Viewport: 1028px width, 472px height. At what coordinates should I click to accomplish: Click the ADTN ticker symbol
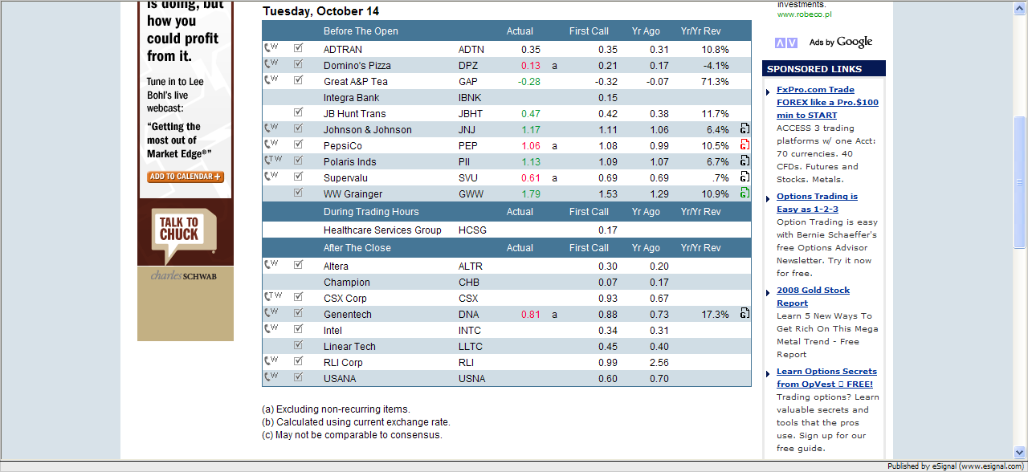coord(472,49)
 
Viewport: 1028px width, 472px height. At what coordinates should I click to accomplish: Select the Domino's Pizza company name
coord(357,65)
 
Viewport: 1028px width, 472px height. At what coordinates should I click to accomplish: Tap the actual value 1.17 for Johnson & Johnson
coord(530,129)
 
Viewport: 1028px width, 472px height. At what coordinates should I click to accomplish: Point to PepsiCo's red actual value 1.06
coord(530,145)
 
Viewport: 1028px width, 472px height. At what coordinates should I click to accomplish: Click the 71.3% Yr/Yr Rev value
coord(714,81)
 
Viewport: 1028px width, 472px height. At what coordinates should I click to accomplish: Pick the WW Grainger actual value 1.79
coord(530,193)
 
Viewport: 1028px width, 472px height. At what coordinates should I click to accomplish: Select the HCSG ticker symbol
coord(472,230)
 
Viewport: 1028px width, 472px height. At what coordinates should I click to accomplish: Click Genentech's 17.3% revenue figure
coord(714,314)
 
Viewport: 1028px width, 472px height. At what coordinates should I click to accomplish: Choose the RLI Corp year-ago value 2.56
coord(659,362)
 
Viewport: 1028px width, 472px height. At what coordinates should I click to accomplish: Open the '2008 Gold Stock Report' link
coord(813,296)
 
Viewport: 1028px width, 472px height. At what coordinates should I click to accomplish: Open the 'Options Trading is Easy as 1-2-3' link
coord(817,202)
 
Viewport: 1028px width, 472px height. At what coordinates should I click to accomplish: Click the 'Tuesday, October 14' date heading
coord(320,11)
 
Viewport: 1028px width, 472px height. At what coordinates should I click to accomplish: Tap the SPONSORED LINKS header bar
coord(823,69)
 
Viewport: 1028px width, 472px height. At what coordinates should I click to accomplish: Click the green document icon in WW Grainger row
coord(744,193)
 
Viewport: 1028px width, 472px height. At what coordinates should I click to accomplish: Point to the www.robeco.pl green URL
coord(804,14)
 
